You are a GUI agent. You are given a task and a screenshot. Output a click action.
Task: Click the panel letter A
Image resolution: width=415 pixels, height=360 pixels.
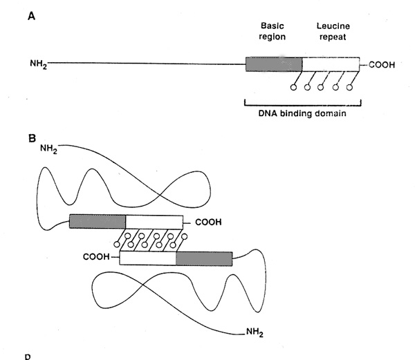[31, 15]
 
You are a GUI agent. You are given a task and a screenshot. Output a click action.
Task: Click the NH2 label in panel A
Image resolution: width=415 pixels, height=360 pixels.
[37, 66]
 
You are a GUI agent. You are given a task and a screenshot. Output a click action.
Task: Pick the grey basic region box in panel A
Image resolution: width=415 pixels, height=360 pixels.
[273, 65]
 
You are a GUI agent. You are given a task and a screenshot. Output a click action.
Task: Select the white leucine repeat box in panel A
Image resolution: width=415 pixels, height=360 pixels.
[330, 65]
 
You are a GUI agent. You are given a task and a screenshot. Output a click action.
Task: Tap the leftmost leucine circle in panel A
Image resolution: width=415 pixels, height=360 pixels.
[293, 88]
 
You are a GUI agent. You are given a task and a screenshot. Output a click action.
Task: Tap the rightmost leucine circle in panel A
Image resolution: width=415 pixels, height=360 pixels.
[350, 88]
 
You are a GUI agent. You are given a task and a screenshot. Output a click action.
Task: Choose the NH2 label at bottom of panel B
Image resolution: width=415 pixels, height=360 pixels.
[255, 332]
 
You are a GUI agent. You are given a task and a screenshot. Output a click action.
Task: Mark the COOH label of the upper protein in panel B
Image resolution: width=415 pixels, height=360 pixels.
[210, 222]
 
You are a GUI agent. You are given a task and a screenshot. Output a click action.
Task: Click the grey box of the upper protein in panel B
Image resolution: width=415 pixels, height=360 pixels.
[98, 221]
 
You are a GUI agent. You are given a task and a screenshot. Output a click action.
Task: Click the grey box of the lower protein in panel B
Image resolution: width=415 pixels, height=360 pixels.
[204, 258]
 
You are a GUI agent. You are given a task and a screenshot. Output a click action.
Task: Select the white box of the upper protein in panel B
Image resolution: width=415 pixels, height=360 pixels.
[154, 221]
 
